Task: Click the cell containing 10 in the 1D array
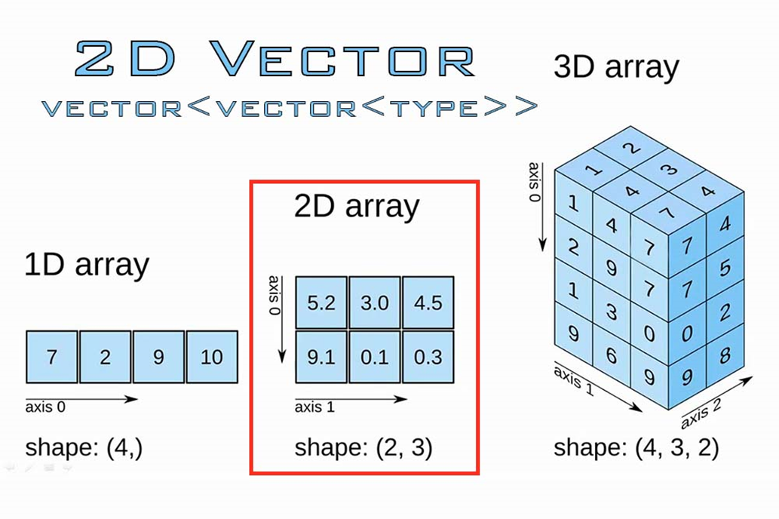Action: [x=212, y=356]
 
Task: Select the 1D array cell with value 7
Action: [x=51, y=356]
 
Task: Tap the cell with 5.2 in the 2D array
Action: [x=321, y=302]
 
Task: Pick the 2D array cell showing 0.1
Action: [x=374, y=356]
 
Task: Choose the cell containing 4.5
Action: [x=428, y=302]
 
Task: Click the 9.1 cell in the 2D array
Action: [x=321, y=356]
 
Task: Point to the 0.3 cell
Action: [x=428, y=356]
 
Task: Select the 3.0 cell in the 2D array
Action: [x=374, y=302]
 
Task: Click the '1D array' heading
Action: [x=87, y=266]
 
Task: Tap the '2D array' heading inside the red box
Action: [x=356, y=206]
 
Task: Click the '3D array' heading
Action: [x=616, y=67]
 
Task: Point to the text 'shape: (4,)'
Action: [x=84, y=447]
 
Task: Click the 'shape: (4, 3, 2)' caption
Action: [x=636, y=447]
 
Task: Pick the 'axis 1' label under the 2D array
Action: [x=314, y=408]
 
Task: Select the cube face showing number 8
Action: [x=725, y=355]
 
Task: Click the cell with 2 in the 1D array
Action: [x=105, y=356]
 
